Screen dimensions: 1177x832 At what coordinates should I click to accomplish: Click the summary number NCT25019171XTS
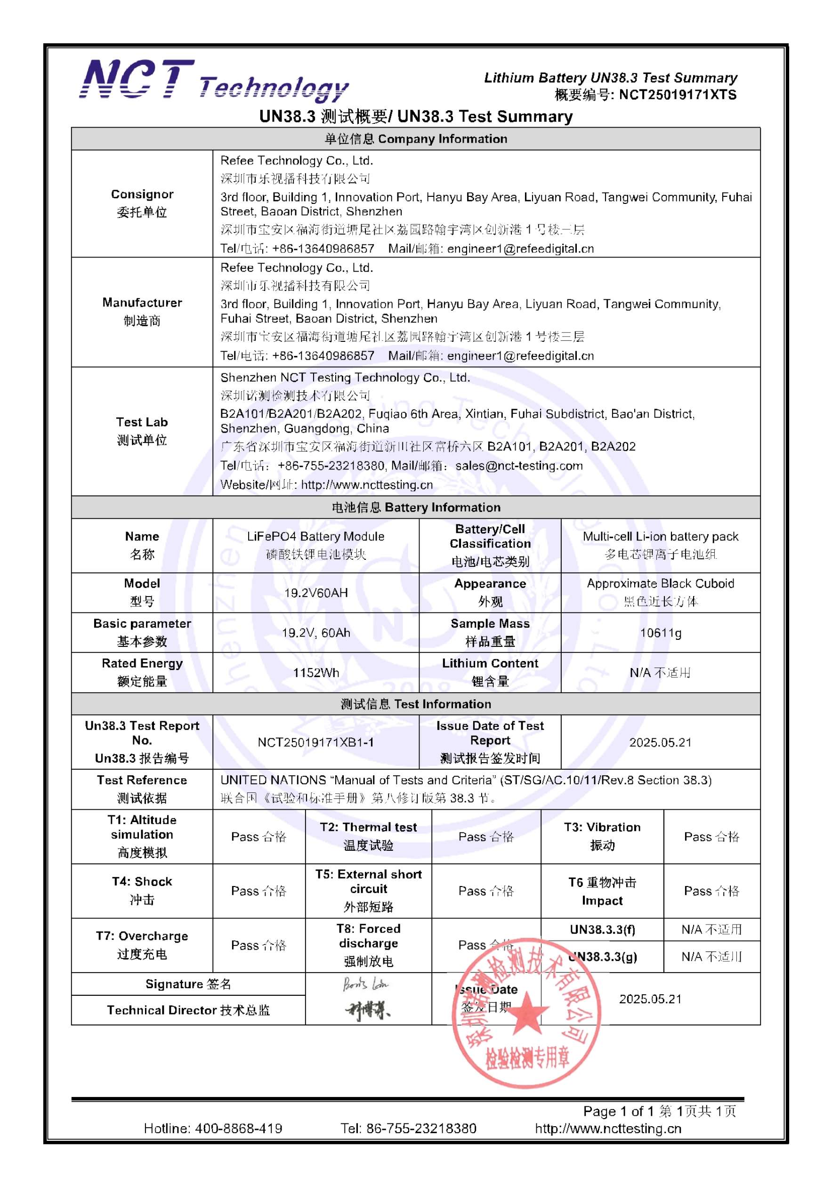[x=677, y=95]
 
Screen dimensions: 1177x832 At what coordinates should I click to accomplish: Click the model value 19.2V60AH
[x=316, y=593]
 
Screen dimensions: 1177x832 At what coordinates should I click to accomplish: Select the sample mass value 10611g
[x=660, y=633]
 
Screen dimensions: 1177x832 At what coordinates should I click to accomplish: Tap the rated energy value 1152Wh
[x=316, y=673]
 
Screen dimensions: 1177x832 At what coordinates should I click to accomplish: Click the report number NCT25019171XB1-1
[x=316, y=742]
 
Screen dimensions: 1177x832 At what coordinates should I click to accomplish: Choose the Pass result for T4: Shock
[x=258, y=891]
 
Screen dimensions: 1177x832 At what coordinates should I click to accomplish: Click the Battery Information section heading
[x=416, y=507]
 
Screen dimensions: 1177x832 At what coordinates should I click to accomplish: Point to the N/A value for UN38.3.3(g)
[x=711, y=957]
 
